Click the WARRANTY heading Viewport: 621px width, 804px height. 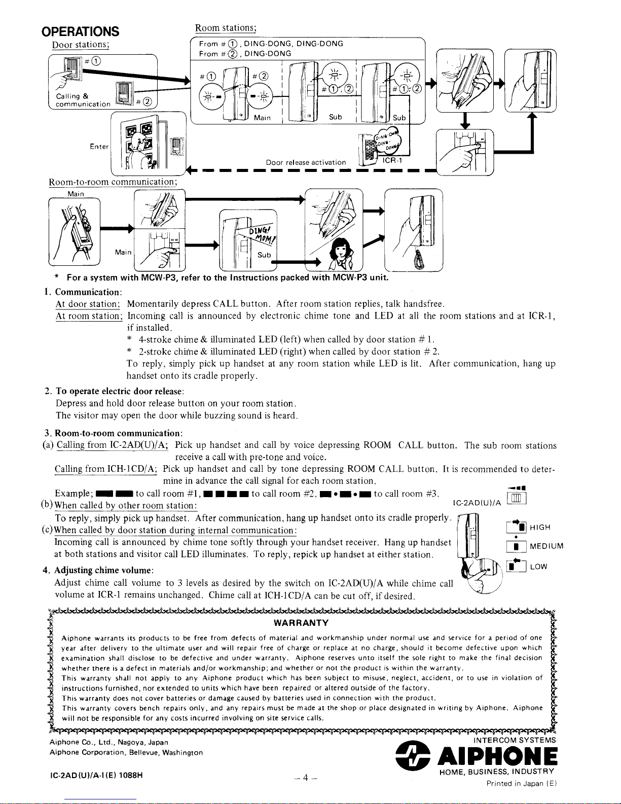point(301,623)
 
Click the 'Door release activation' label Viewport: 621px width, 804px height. point(306,162)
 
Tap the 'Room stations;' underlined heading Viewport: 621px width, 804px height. point(226,27)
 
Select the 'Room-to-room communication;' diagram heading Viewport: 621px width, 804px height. point(112,182)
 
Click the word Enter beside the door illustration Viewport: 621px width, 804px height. point(99,147)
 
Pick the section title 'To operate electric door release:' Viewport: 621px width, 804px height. point(120,392)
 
